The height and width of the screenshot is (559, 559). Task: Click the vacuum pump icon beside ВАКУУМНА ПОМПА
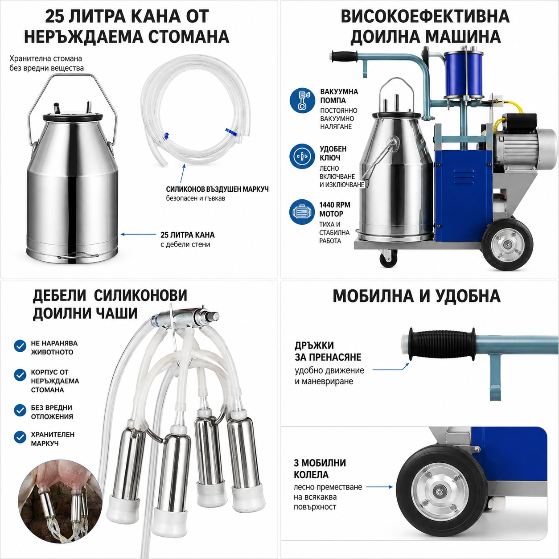tap(302, 101)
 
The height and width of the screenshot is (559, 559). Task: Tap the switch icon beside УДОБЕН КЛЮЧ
tap(302, 156)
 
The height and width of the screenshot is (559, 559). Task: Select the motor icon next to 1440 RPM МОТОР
tap(302, 212)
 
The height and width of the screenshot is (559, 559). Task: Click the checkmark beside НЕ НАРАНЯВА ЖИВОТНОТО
tap(20, 346)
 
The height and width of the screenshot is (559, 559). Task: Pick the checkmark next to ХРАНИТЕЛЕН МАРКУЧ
tap(20, 437)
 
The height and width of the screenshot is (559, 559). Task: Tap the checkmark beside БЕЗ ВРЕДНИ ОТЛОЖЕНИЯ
tap(20, 411)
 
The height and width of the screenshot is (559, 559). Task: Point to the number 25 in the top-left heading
tap(55, 16)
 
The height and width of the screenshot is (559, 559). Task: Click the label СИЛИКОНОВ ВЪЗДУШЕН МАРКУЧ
tap(217, 189)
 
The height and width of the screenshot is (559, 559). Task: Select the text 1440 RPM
tap(335, 205)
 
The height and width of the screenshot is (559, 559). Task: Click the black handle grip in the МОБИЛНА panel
tap(441, 344)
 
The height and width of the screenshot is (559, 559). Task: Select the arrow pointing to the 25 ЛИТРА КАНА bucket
tap(138, 234)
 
